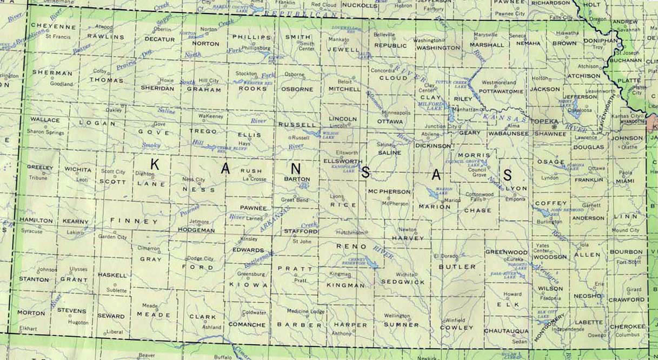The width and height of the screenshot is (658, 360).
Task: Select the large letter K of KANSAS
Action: (155, 164)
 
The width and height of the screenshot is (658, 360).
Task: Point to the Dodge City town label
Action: (201, 258)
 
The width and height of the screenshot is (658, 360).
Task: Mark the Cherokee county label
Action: (627, 326)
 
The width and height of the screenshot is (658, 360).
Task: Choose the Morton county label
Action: (31, 313)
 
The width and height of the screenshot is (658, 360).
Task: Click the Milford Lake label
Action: (433, 105)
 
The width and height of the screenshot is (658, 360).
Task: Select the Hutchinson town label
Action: (349, 232)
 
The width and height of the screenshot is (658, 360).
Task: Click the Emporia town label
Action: (515, 199)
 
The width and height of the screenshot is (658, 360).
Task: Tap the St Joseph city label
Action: (631, 53)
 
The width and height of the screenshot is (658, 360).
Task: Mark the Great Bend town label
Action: (294, 199)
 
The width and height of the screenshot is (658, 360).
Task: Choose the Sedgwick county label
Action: (403, 282)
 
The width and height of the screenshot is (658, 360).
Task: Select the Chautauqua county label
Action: (506, 330)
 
